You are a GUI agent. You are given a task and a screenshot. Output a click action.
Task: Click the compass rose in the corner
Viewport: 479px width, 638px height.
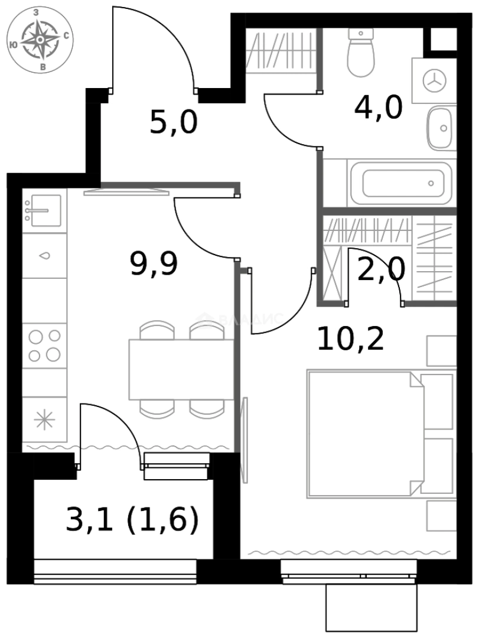40,40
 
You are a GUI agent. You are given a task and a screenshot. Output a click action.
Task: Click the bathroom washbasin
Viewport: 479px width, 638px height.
441,128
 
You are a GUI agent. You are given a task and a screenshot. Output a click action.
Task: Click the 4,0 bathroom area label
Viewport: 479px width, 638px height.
378,108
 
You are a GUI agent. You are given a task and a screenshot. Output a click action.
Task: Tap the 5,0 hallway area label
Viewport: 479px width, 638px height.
173,123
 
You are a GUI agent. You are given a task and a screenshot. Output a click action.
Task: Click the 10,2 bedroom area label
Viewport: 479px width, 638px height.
350,339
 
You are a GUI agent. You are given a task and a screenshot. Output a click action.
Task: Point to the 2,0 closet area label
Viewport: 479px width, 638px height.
381,271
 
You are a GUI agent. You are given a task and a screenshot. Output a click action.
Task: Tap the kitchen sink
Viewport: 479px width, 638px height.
43,210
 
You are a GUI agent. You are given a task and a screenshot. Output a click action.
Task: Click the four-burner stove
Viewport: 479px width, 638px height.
44,346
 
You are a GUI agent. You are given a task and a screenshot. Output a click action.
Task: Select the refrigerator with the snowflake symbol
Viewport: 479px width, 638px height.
44,419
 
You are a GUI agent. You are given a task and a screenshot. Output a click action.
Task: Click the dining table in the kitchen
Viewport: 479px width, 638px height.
177,369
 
